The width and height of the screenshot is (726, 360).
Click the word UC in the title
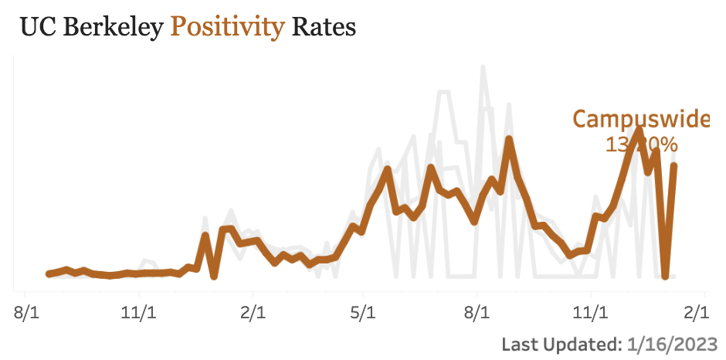click(x=36, y=28)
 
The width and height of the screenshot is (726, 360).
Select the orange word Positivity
click(x=228, y=28)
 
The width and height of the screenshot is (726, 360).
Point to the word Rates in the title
click(x=324, y=28)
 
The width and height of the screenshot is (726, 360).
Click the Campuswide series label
click(x=640, y=120)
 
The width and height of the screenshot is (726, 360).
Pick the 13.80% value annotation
click(x=642, y=144)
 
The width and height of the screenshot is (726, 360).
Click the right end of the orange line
click(x=674, y=165)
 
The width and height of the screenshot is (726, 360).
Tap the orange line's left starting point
click(x=49, y=273)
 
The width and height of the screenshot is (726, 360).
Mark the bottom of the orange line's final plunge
click(x=665, y=275)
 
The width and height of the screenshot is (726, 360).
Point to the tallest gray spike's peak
click(x=483, y=67)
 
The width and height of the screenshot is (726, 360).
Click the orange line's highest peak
click(x=638, y=130)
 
